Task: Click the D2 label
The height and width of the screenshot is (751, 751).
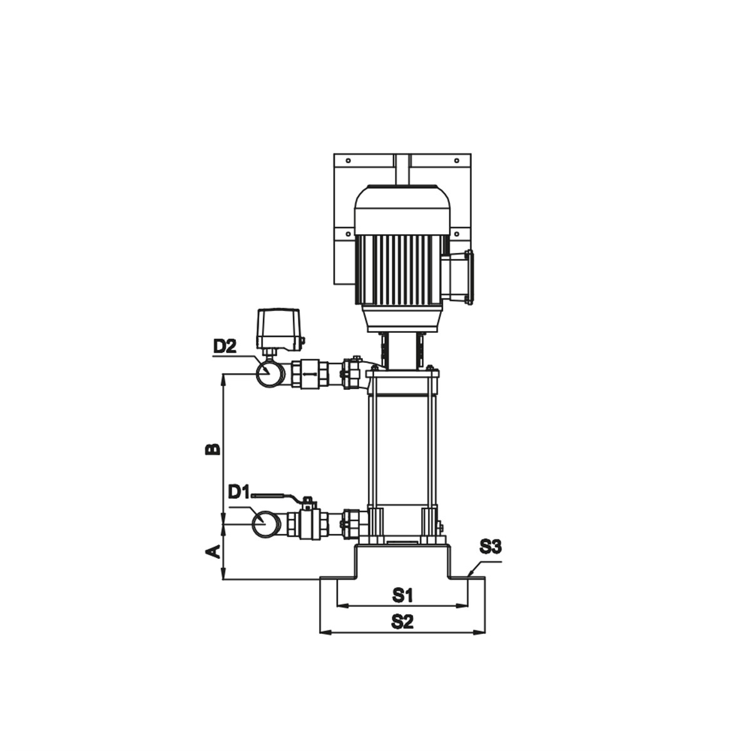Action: click(225, 346)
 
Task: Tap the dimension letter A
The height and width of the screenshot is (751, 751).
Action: click(213, 551)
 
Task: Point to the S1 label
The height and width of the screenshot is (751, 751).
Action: click(402, 606)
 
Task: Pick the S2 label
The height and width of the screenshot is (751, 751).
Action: click(402, 633)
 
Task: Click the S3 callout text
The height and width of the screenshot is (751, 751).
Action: click(491, 548)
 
